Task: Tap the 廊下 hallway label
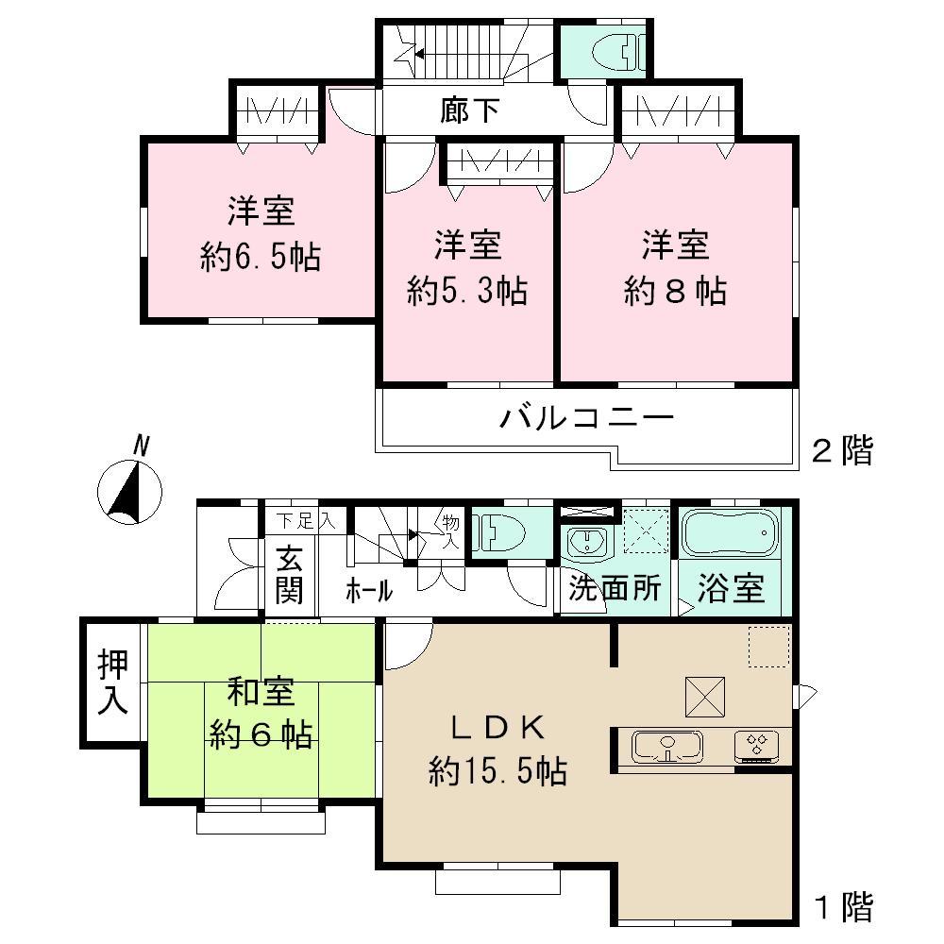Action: coord(469,112)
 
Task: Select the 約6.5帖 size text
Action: coord(260,257)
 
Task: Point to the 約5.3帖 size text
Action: coord(466,291)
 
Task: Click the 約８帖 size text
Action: coord(675,291)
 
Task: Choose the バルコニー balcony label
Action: coord(586,416)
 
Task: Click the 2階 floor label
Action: coord(842,450)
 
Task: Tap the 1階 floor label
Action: coord(842,907)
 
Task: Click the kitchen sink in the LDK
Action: coord(668,746)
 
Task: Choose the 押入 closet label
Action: coord(110,681)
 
